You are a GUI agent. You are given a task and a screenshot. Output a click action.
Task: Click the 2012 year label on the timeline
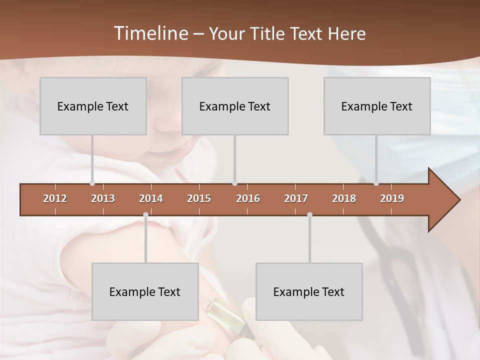point(55,198)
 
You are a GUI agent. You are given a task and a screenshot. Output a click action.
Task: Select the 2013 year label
point(103,198)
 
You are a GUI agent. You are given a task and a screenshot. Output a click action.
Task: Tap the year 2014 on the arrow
point(151,198)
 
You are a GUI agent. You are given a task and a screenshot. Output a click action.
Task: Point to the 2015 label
point(199,198)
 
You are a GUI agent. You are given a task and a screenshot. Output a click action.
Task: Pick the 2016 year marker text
point(248,198)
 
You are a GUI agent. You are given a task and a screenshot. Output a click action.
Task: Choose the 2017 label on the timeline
point(296,198)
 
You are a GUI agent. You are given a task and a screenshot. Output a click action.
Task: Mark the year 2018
point(344,198)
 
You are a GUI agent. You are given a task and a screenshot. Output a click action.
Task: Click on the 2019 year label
point(392,198)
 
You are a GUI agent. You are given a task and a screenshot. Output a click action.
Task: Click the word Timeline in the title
point(150,33)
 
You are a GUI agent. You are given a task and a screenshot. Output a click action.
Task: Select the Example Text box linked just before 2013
point(93,106)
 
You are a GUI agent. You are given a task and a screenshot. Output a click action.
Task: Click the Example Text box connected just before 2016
point(235,106)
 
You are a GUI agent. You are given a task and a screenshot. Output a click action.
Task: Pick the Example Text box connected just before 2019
point(377,106)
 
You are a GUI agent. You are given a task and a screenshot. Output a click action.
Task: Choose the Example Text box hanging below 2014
point(145,291)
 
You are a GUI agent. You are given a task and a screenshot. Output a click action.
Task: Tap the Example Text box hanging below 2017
point(309,291)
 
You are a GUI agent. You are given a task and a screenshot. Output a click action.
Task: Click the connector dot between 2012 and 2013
point(92,183)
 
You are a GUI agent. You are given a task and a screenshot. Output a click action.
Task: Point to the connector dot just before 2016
point(235,183)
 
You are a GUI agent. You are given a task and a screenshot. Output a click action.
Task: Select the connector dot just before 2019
point(376,183)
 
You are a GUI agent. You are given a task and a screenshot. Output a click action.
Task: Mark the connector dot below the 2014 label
point(145,215)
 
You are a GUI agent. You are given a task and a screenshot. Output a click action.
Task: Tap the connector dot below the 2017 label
point(309,215)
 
